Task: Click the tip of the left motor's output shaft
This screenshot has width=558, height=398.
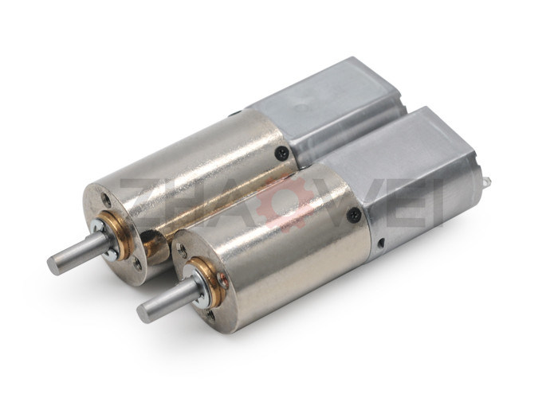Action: pos(53,264)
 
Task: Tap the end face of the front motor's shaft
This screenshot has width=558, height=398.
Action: pos(143,313)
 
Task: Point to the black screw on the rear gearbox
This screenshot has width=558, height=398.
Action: pos(281,153)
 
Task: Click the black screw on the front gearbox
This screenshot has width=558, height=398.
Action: pos(353,215)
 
